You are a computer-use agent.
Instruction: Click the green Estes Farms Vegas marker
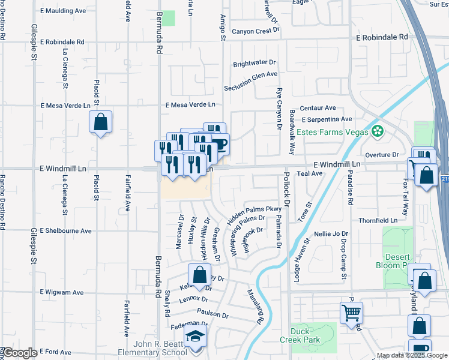click(x=378, y=131)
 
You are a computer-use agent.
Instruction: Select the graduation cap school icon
click(x=195, y=337)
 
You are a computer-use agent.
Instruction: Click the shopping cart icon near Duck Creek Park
click(x=351, y=312)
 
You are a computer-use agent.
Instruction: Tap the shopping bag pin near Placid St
click(x=101, y=122)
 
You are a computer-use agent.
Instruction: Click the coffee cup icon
click(x=218, y=144)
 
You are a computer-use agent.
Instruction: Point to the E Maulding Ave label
click(x=63, y=11)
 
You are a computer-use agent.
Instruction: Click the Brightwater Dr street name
click(x=254, y=62)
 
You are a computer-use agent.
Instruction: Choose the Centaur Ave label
click(x=318, y=108)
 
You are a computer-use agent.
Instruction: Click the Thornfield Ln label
click(x=378, y=221)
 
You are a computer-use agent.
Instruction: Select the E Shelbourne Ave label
click(x=65, y=231)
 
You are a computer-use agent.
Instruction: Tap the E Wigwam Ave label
click(x=62, y=292)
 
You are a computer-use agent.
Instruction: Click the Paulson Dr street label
click(x=212, y=314)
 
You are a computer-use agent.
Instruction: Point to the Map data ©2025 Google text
click(x=412, y=356)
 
